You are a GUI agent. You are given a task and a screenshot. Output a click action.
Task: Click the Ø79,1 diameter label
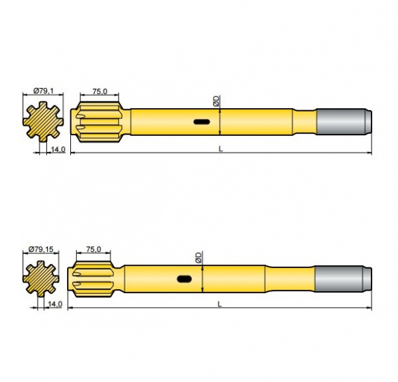(43, 91)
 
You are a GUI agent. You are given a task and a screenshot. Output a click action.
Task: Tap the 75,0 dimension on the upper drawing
(101, 91)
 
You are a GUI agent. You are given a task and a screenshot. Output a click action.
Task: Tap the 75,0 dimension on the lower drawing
(94, 249)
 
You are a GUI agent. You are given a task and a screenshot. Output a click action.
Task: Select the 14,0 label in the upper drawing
(58, 150)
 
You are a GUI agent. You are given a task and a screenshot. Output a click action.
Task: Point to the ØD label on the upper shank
(216, 101)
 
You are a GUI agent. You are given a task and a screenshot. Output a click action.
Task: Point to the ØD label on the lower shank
(198, 257)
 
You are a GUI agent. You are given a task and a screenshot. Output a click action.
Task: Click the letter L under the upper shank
(221, 149)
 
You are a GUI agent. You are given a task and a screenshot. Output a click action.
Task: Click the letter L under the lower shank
(220, 303)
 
